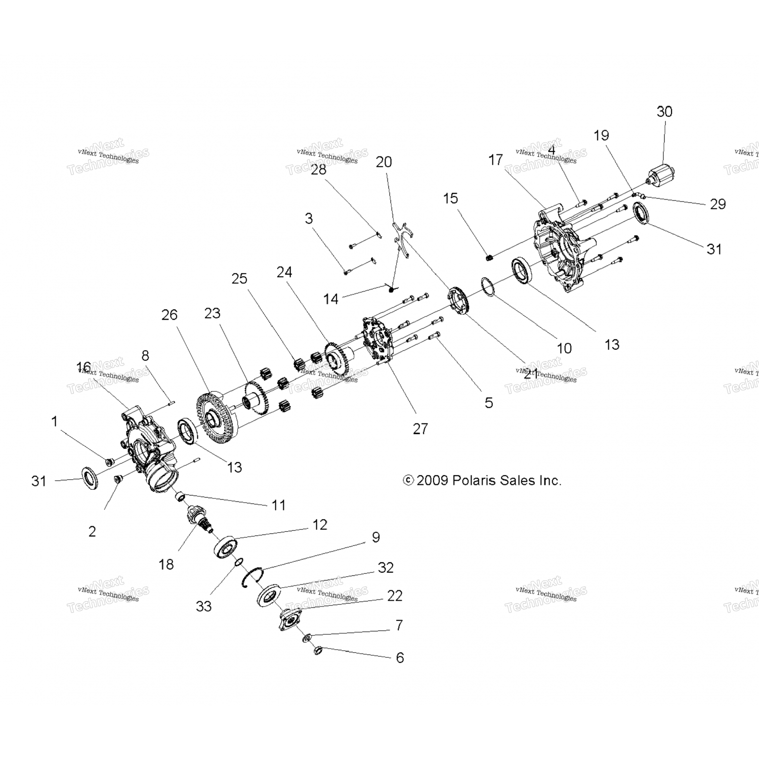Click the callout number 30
[664, 112]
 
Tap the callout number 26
[170, 315]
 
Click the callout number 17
[495, 160]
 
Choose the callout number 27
[420, 429]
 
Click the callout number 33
[203, 606]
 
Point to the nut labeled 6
[318, 650]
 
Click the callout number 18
[166, 564]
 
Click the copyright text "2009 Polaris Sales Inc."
[482, 480]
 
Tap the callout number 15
[450, 198]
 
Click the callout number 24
[284, 272]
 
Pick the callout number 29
[718, 204]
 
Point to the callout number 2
[92, 531]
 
